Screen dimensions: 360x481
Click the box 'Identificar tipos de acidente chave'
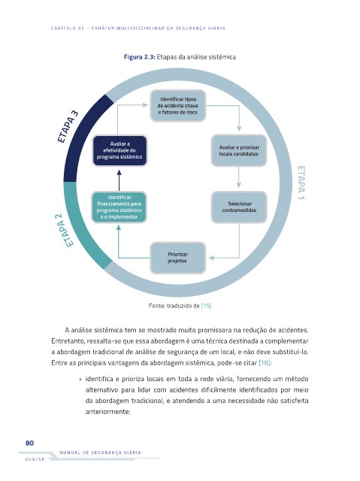point(178,105)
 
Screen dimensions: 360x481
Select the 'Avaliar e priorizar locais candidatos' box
point(239,150)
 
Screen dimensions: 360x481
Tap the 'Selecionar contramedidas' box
point(239,207)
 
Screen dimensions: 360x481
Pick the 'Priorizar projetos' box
point(177,258)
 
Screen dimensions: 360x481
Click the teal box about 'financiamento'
point(119,207)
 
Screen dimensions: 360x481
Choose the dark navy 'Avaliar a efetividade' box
point(119,150)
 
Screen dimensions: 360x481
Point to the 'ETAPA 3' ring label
point(68,127)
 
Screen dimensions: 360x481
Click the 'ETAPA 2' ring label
point(64,230)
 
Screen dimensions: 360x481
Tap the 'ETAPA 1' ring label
point(301,183)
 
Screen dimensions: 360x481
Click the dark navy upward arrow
point(119,180)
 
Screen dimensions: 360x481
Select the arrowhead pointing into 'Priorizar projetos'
point(211,258)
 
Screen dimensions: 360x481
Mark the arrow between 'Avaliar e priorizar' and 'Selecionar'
point(239,177)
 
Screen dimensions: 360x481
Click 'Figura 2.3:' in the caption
point(140,57)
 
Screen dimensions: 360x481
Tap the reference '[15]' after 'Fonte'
point(206,306)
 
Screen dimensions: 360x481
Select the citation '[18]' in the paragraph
point(265,363)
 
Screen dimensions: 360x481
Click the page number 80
point(30,443)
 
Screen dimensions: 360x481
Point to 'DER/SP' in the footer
point(35,459)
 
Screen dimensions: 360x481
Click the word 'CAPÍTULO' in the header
point(63,29)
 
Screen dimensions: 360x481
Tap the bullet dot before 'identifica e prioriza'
point(80,380)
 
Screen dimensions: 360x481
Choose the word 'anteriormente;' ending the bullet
point(108,412)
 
